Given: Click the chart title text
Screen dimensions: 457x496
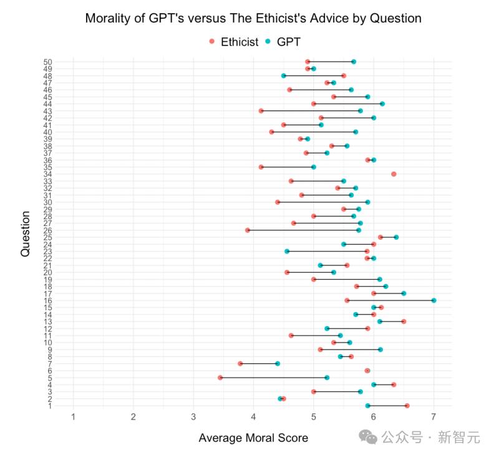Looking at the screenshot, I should click(253, 18).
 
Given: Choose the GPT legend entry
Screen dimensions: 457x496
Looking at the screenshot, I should click(282, 42).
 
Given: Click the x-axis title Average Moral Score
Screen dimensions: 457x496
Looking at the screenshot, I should click(253, 438).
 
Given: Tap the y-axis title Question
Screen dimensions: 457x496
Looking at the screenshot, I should click(25, 233).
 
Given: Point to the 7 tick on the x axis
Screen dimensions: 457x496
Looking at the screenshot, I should click(434, 417).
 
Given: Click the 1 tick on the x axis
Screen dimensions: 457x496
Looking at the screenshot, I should click(74, 417).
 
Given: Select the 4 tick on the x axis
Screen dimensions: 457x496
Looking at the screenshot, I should click(254, 417).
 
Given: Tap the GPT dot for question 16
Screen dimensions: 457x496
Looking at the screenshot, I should click(434, 300).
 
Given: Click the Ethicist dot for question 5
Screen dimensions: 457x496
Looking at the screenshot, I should click(220, 378).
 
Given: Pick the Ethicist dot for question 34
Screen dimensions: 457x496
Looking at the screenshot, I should click(394, 174).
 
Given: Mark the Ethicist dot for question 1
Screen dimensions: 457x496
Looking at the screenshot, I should click(407, 406).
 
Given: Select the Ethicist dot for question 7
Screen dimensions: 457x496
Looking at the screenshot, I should click(240, 363).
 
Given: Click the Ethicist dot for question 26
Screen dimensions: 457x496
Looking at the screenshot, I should click(248, 230).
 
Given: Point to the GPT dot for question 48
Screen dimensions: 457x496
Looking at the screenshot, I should click(283, 76).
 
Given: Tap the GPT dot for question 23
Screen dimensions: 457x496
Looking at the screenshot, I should click(287, 251).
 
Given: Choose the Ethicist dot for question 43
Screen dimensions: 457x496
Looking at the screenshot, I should click(261, 111).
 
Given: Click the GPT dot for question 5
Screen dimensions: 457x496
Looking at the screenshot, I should click(327, 378).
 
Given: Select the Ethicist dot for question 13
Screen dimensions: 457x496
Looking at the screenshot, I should click(404, 322).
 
